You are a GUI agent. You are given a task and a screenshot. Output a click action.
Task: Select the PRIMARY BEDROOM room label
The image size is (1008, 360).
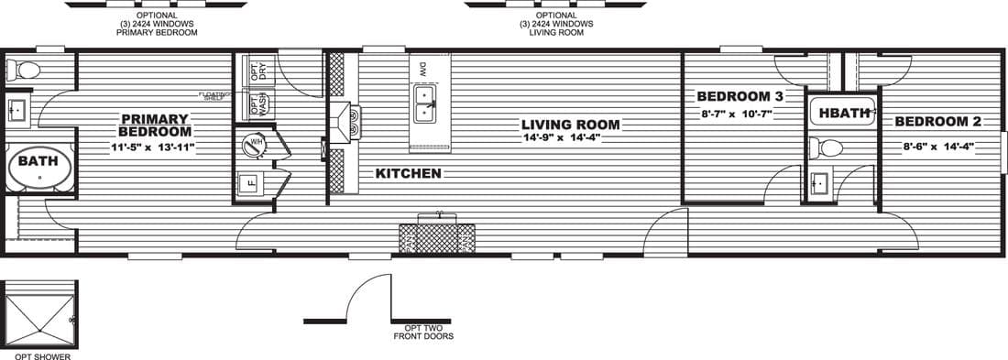155,125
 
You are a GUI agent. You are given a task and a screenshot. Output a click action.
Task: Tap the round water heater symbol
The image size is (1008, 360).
254,145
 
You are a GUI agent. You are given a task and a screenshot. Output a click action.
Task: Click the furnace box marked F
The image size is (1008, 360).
254,181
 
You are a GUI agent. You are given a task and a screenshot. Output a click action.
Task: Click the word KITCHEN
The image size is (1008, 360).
408,173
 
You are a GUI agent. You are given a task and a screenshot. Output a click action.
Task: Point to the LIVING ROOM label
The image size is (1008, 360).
570,125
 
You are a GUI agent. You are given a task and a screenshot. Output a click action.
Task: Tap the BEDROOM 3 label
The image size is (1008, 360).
740,96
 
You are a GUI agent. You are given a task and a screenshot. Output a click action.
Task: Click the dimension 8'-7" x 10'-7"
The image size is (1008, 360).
736,115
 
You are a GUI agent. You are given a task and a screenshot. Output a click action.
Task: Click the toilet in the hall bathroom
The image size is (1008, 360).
829,147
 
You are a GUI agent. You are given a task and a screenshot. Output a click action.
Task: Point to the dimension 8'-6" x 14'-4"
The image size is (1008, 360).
936,144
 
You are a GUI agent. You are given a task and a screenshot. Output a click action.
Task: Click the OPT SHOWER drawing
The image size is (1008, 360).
39,314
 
